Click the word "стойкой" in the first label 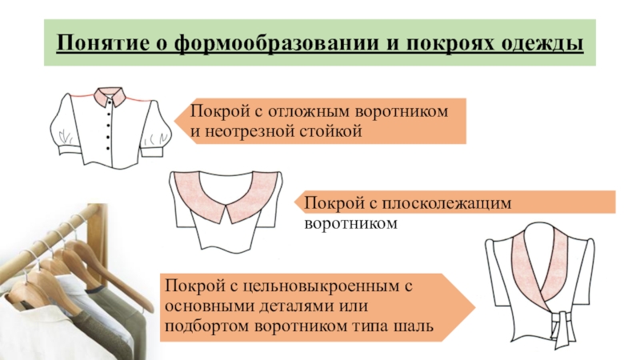[337, 129]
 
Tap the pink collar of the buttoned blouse [106, 98]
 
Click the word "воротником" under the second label [350, 225]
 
